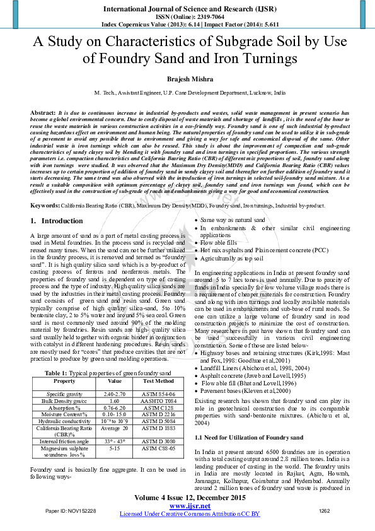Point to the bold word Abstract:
(42, 112)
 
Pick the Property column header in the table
(64, 381)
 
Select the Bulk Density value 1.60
(115, 400)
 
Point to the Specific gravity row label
(64, 393)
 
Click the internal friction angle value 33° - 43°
(115, 441)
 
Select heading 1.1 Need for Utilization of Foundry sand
(249, 437)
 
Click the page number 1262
(325, 510)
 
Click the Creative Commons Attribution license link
(190, 514)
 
